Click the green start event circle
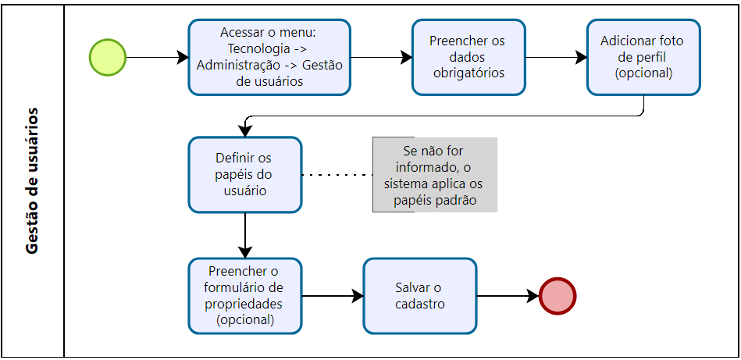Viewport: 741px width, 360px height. pyautogui.click(x=108, y=57)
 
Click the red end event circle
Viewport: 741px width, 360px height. pyautogui.click(x=558, y=296)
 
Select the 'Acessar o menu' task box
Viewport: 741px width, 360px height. pyautogui.click(x=269, y=57)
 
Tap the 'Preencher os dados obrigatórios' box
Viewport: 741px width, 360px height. pyautogui.click(x=468, y=57)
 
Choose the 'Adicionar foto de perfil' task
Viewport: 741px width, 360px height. pyautogui.click(x=643, y=57)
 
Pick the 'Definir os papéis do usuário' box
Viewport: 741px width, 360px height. pyautogui.click(x=244, y=174)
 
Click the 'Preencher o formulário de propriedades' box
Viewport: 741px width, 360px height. pyautogui.click(x=244, y=296)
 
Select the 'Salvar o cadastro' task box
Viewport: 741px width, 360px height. pyautogui.click(x=419, y=296)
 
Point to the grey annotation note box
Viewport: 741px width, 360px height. pyautogui.click(x=434, y=174)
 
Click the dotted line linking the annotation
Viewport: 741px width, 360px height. pyautogui.click(x=337, y=175)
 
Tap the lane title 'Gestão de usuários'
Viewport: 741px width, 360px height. pyautogui.click(x=32, y=180)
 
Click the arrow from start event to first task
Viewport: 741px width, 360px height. pyautogui.click(x=156, y=57)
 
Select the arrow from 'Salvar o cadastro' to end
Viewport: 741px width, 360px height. pyautogui.click(x=508, y=296)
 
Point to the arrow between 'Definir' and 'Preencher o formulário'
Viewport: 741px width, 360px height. pyautogui.click(x=245, y=234)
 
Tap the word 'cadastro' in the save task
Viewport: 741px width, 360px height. pyautogui.click(x=419, y=304)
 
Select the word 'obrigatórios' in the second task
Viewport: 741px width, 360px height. pyautogui.click(x=468, y=73)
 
